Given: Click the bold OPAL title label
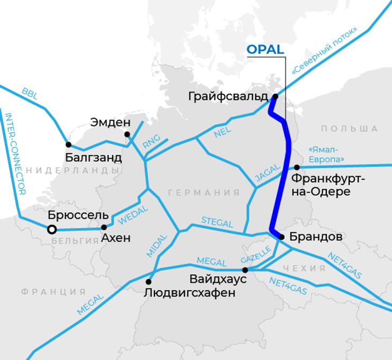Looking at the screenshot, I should [x=265, y=50].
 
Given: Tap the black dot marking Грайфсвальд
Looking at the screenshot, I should [x=275, y=96].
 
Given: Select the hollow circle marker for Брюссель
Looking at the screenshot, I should [x=51, y=229].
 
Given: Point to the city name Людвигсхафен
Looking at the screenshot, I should [x=189, y=292].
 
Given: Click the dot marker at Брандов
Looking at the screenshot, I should [x=281, y=237].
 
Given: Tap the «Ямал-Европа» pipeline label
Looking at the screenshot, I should [x=326, y=154].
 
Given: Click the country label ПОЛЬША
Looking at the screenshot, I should [x=349, y=129].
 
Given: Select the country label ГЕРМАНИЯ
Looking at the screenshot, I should [x=204, y=193].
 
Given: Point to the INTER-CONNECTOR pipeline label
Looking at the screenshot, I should [x=15, y=154].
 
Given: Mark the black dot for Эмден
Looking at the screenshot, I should [x=127, y=134].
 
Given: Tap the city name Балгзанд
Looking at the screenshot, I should [x=93, y=157].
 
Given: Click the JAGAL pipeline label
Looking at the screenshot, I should [x=267, y=174].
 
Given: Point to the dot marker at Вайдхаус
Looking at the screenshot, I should [x=245, y=270].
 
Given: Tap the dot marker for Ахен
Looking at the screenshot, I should [x=104, y=227].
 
